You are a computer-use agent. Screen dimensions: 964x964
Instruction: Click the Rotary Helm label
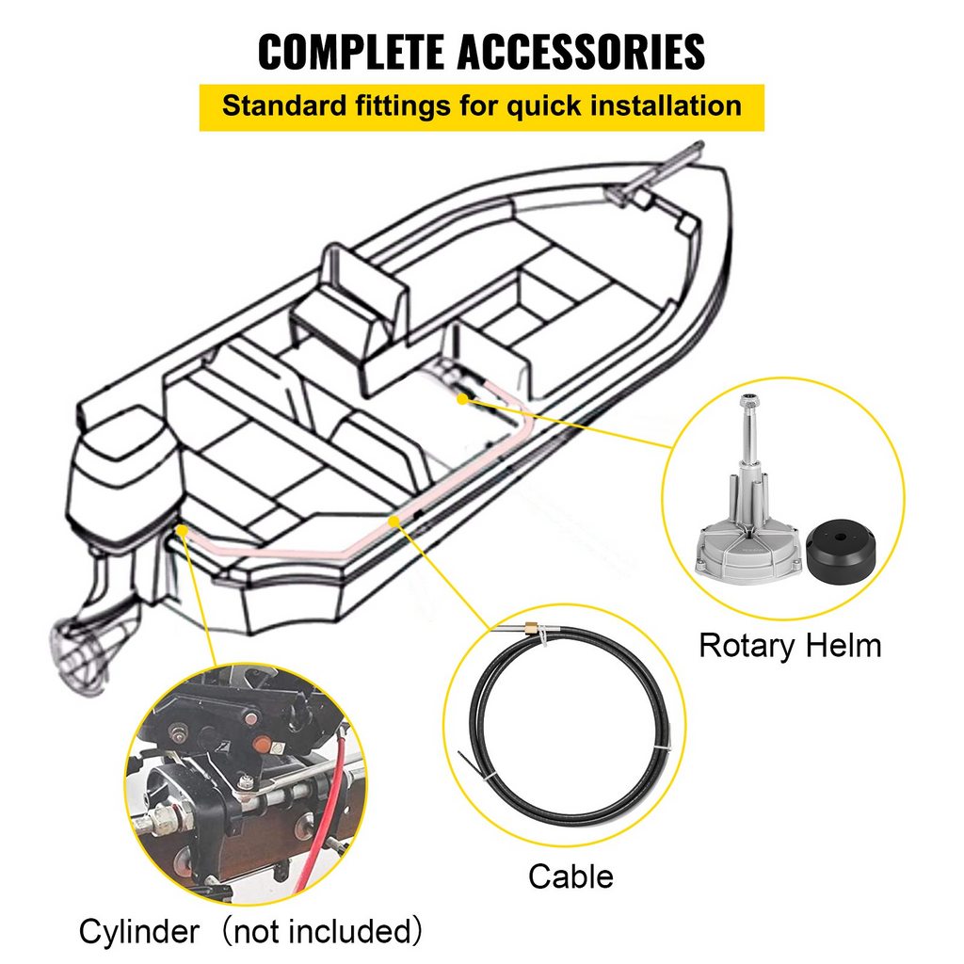coord(789,646)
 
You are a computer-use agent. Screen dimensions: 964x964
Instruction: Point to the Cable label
coord(570,876)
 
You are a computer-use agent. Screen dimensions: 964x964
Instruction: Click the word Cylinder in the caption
coord(139,932)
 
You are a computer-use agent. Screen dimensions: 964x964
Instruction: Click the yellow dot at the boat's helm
coord(461,398)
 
